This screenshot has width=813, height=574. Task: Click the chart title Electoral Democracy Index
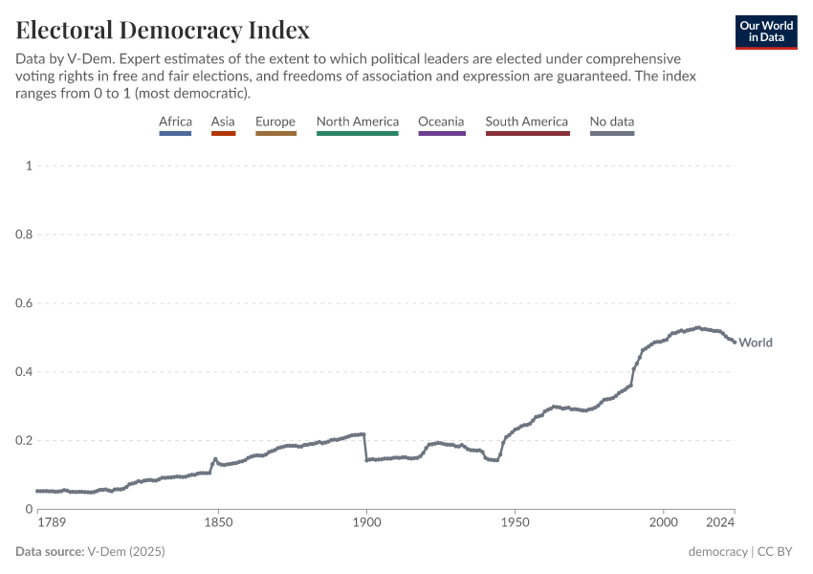(163, 30)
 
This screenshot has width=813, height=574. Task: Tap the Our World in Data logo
(765, 32)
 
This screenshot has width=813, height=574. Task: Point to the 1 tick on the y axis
(29, 166)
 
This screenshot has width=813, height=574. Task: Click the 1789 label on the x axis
(51, 524)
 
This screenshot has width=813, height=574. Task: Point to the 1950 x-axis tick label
(515, 524)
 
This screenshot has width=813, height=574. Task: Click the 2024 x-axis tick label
(720, 524)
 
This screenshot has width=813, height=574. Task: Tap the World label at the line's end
(756, 342)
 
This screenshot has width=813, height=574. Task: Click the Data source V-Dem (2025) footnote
(82, 552)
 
